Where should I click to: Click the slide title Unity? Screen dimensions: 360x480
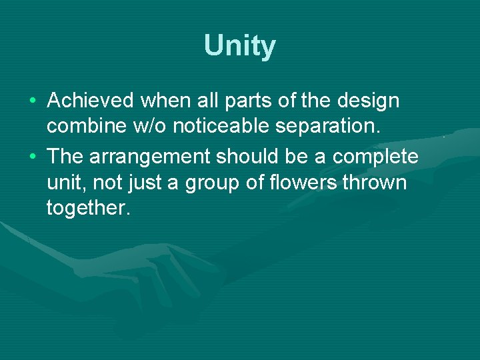coord(239,46)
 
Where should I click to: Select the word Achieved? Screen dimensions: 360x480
coord(91,101)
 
